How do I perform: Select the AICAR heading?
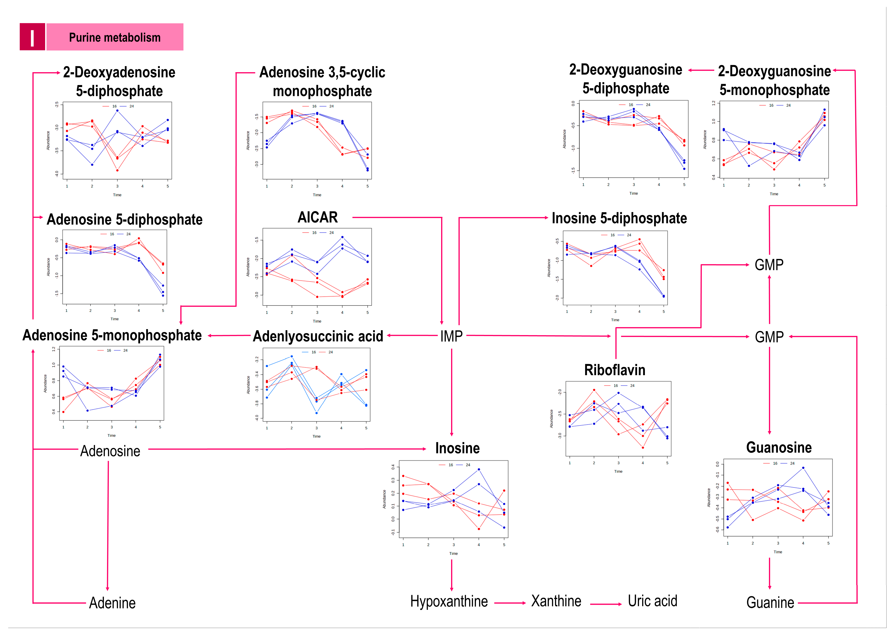[318, 217]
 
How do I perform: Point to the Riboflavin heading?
[614, 370]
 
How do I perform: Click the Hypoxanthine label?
[449, 601]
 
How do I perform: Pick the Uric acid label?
[652, 601]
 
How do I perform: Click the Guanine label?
[770, 603]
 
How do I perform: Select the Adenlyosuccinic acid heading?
[318, 336]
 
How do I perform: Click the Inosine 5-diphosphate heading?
[619, 218]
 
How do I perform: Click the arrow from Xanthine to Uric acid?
[605, 604]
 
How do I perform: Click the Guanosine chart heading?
[779, 447]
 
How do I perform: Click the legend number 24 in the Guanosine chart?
[792, 463]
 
